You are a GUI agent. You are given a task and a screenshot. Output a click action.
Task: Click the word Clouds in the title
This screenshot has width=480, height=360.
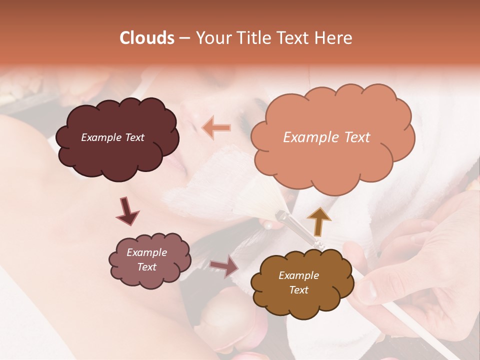click(x=147, y=38)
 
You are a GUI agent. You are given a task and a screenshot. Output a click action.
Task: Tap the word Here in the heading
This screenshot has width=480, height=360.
click(x=333, y=38)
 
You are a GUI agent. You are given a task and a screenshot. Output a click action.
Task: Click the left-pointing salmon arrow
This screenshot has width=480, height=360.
click(x=216, y=128)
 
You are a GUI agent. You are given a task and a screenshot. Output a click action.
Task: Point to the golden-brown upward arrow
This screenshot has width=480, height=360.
click(x=318, y=221)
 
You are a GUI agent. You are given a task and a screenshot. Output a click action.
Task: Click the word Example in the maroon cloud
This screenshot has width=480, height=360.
click(x=100, y=137)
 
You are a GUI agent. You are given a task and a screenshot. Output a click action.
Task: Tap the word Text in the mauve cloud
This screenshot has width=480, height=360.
click(x=146, y=267)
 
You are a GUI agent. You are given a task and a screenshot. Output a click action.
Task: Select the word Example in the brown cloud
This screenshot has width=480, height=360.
click(x=298, y=275)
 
